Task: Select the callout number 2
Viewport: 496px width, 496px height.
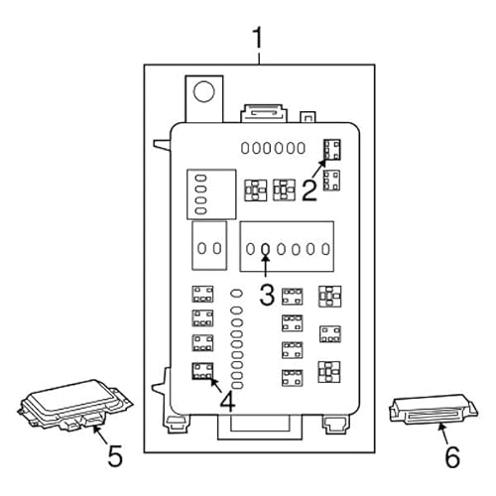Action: pyautogui.click(x=310, y=188)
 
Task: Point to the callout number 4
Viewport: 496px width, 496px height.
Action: pyautogui.click(x=227, y=404)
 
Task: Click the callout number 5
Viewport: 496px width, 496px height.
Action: pyautogui.click(x=114, y=457)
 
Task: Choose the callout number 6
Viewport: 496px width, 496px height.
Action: pyautogui.click(x=451, y=457)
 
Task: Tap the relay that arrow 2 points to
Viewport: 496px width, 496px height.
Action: pyautogui.click(x=332, y=149)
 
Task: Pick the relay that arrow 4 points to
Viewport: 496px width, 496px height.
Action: pyautogui.click(x=203, y=372)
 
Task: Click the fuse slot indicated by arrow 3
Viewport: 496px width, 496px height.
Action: pyautogui.click(x=266, y=248)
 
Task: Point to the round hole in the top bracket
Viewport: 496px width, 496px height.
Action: pyautogui.click(x=204, y=92)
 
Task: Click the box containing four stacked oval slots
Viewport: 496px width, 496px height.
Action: pyautogui.click(x=211, y=193)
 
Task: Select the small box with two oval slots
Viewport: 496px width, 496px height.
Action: pyautogui.click(x=208, y=248)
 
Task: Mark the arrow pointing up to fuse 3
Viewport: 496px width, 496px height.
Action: pyautogui.click(x=266, y=266)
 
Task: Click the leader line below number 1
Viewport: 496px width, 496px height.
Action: pyautogui.click(x=259, y=59)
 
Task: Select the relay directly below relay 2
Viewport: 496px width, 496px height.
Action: pyautogui.click(x=332, y=180)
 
